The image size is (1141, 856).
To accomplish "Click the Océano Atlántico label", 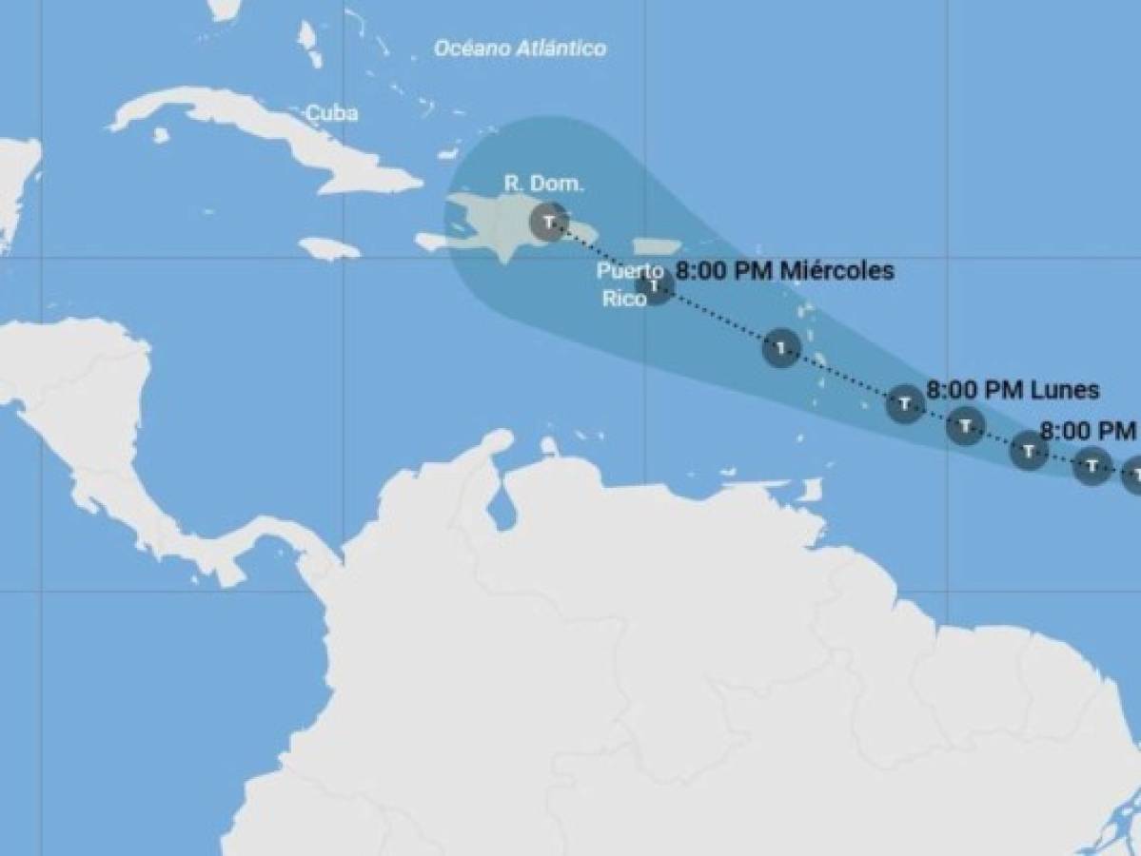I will [520, 49].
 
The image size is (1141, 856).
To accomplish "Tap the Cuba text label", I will [332, 114].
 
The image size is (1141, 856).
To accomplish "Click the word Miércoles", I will [836, 271].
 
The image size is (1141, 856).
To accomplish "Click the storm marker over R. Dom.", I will [548, 222].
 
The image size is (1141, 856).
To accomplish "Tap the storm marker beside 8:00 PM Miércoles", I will [656, 286].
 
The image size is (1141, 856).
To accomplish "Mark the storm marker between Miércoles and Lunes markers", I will [781, 349].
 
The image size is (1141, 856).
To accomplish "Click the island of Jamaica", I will [328, 248].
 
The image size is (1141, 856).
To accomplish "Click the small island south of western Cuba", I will [161, 135].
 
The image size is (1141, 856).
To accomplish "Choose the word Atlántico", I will [561, 49].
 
